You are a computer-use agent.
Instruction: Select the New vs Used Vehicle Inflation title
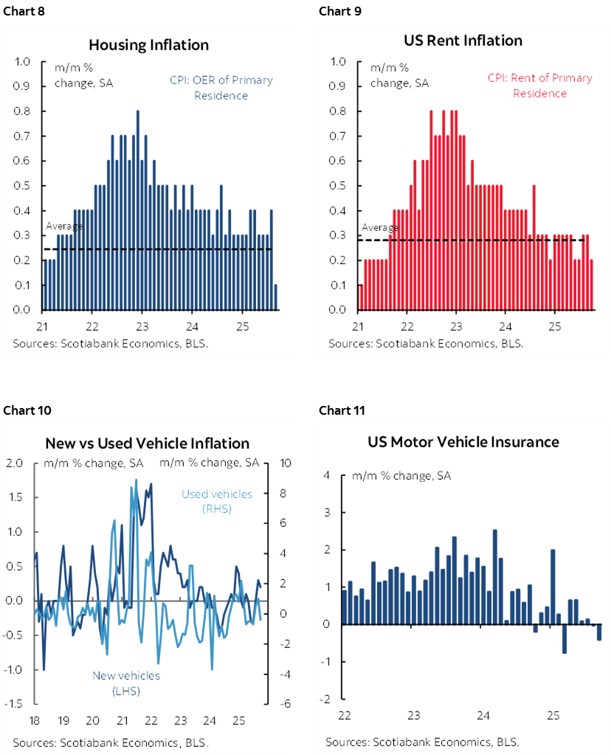pos(147,444)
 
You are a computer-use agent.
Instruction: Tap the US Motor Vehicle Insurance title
pos(463,442)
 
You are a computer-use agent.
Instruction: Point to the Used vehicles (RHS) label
pos(217,501)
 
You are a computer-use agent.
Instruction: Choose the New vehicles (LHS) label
pos(125,683)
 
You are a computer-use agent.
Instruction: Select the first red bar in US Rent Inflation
pos(361,297)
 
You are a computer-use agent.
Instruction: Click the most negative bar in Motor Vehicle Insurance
pos(565,638)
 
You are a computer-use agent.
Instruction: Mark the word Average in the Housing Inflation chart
pos(64,226)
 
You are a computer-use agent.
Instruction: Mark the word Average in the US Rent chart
pos(379,227)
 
